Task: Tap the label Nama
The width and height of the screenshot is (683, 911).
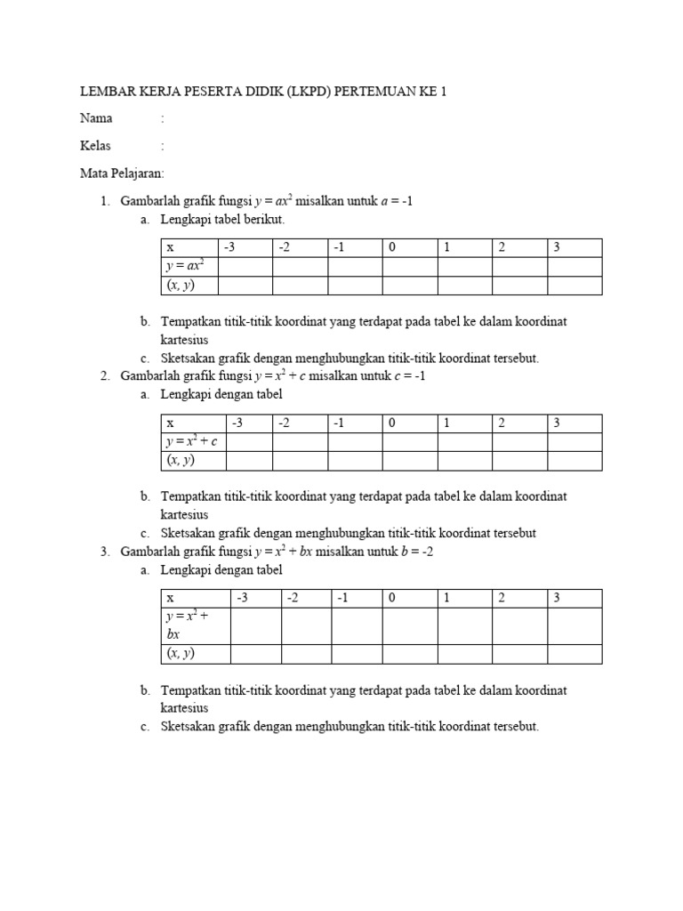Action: pos(96,118)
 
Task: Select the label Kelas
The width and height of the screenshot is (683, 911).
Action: pos(96,146)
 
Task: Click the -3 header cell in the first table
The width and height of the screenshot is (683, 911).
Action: pos(245,247)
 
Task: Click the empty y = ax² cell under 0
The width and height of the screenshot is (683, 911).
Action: pos(410,266)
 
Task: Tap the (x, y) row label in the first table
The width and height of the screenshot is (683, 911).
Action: pos(181,285)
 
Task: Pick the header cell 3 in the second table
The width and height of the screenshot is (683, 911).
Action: pos(575,423)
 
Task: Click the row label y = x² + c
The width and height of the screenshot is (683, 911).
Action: pos(191,441)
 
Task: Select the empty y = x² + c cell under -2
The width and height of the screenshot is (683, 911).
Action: pos(301,441)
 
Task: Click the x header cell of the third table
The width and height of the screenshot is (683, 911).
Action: pos(195,598)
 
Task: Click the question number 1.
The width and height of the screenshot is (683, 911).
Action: pos(105,201)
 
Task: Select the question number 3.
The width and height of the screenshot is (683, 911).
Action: pos(105,552)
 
